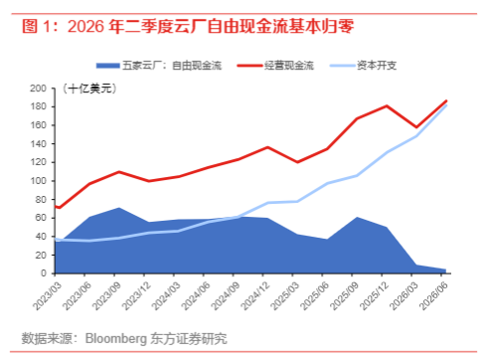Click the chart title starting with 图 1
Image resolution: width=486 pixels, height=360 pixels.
pos(188,26)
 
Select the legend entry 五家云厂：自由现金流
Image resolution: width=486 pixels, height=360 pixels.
pos(159,66)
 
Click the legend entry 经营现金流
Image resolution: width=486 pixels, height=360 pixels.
pos(275,66)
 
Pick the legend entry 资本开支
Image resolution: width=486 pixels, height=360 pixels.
pos(363,66)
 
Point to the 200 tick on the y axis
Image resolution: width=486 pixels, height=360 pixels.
pos(38,89)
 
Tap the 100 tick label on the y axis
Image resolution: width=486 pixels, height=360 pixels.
pos(38,181)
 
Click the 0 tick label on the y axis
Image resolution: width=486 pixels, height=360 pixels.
pos(44,273)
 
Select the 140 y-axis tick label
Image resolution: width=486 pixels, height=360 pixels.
pos(38,144)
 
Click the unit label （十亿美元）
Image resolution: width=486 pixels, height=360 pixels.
pos(89,89)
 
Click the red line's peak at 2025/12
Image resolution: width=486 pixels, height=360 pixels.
pos(387,105)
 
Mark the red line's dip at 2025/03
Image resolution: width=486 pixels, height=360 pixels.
pos(297,162)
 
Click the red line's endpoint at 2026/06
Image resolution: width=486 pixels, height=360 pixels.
pos(446,100)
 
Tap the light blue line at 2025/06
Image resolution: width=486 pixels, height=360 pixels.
pos(327,183)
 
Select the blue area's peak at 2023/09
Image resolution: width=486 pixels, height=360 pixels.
pos(119,208)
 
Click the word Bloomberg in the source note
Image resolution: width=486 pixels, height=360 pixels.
pos(116,339)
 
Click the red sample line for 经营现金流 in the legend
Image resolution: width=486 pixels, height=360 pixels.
pos(249,66)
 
